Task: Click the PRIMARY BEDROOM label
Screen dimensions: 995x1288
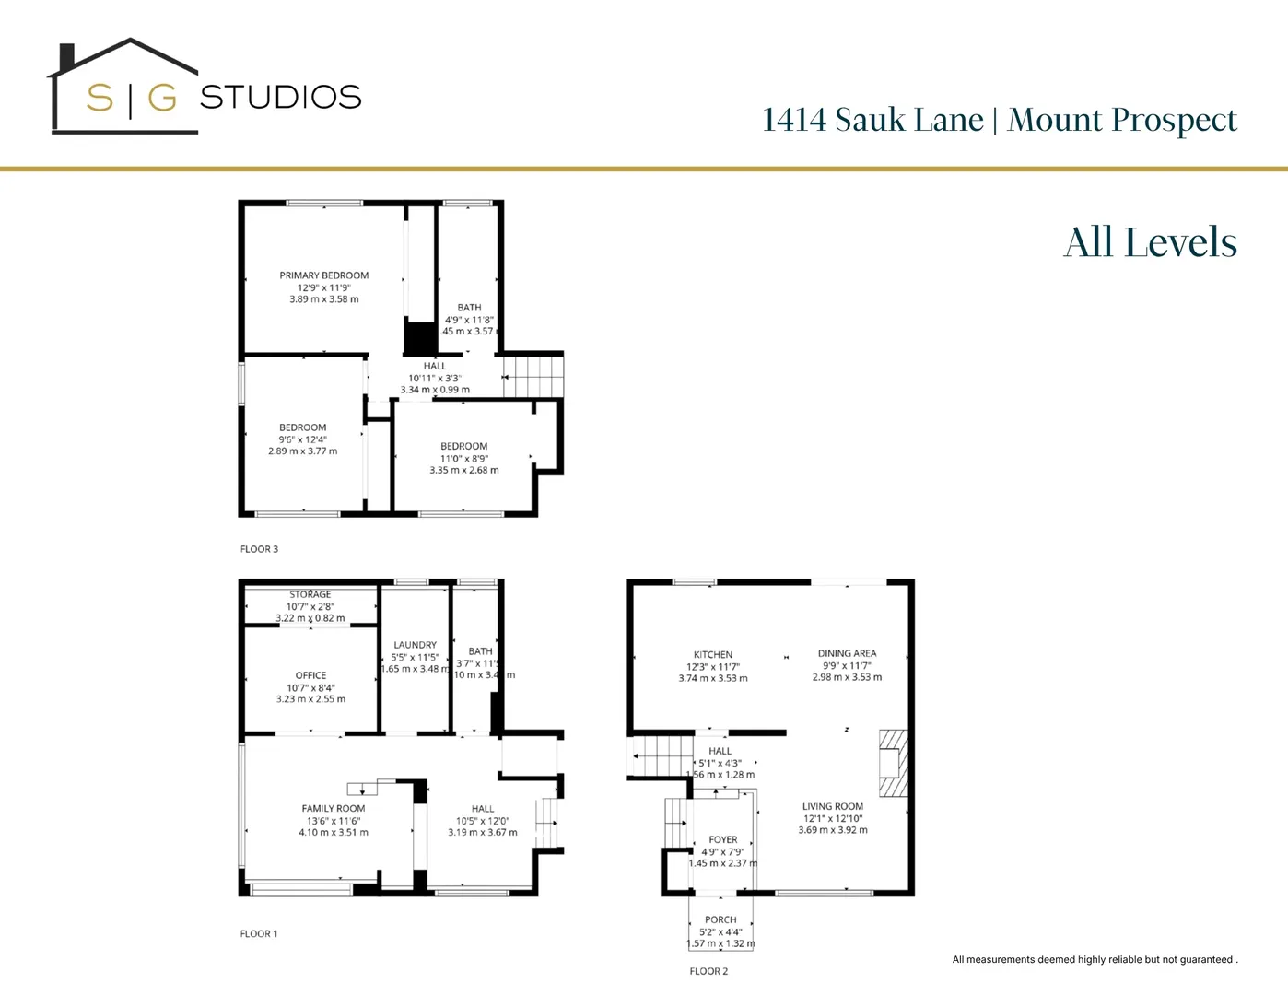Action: click(324, 275)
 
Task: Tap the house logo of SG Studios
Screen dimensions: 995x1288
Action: click(124, 88)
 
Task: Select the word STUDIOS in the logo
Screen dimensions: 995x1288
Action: click(280, 97)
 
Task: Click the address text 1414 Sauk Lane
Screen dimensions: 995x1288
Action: click(872, 120)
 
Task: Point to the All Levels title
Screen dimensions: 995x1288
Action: click(1150, 242)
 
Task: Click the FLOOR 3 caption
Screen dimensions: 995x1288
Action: click(259, 549)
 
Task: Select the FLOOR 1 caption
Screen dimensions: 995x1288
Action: click(259, 934)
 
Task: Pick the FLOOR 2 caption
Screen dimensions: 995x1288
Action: click(708, 971)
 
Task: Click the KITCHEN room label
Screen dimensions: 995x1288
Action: click(713, 655)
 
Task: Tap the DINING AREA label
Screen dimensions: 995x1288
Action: click(847, 653)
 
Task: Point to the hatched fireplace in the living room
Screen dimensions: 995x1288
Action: click(893, 763)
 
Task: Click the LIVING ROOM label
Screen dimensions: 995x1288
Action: click(833, 806)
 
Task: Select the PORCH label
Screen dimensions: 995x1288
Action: click(720, 919)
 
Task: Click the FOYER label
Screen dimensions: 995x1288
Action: click(723, 839)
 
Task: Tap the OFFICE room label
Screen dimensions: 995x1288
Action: click(311, 675)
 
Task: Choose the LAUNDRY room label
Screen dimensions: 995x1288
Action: click(416, 645)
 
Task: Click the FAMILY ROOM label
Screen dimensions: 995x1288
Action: click(334, 809)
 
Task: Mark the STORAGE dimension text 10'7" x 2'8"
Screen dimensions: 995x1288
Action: click(310, 606)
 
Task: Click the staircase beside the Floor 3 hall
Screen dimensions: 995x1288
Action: click(533, 377)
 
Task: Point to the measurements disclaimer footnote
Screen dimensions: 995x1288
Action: click(1095, 960)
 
